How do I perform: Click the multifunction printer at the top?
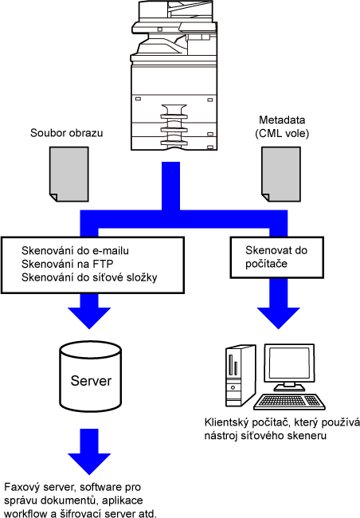click(174, 76)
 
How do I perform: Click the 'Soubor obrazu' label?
click(66, 133)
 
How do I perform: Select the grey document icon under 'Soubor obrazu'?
click(69, 174)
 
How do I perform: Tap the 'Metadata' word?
click(282, 120)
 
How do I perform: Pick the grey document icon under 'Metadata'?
click(281, 174)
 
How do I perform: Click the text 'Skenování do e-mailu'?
click(75, 251)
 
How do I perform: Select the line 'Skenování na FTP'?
click(68, 264)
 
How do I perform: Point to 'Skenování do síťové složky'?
click(89, 277)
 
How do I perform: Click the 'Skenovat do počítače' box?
click(277, 257)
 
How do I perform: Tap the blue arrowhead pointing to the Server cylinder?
click(89, 317)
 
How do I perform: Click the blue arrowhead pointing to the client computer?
click(279, 317)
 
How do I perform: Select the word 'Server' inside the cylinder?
click(91, 381)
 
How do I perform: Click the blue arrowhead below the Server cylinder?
click(89, 464)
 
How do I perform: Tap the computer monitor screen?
click(289, 363)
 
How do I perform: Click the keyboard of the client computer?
click(289, 402)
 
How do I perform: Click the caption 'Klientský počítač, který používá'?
click(282, 423)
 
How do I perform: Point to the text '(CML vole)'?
click(282, 133)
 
